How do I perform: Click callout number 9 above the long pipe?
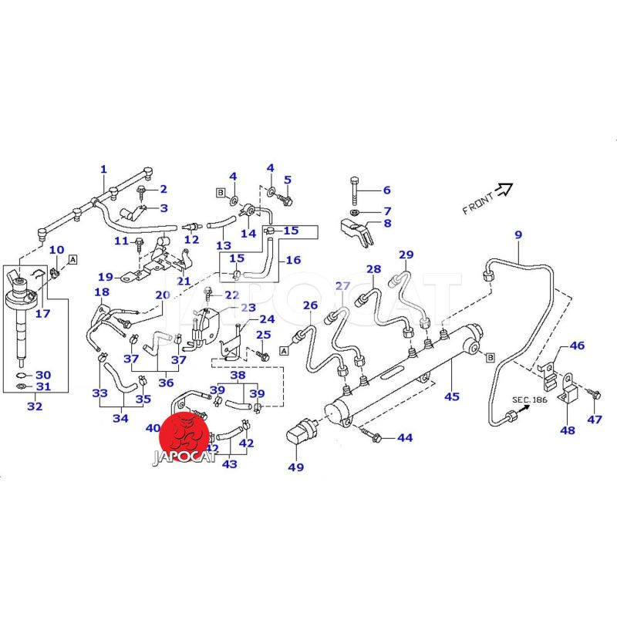pos(518,234)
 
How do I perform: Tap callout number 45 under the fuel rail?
pos(451,397)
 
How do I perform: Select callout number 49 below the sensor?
pos(296,467)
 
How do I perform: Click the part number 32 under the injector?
pos(35,406)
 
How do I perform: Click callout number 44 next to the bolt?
pos(405,438)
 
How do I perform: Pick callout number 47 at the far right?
pos(595,420)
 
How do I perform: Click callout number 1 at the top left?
pos(103,170)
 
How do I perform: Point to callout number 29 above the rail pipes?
pos(406,255)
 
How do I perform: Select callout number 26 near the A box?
pos(310,306)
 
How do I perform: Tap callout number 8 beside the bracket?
pos(386,224)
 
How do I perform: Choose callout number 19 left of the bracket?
pos(105,276)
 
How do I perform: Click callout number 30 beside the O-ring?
pos(43,374)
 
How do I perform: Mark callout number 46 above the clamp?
pos(577,346)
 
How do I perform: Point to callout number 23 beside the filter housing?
pos(248,308)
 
